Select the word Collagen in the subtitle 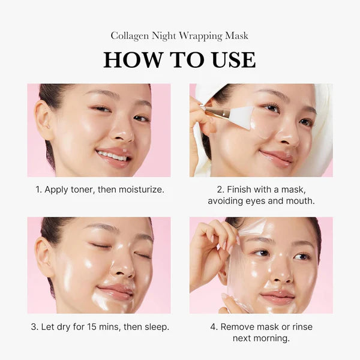click(x=130, y=36)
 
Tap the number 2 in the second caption click(x=220, y=190)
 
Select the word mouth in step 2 click(x=300, y=201)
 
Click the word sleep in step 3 click(x=155, y=327)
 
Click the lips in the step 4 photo click(x=277, y=297)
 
